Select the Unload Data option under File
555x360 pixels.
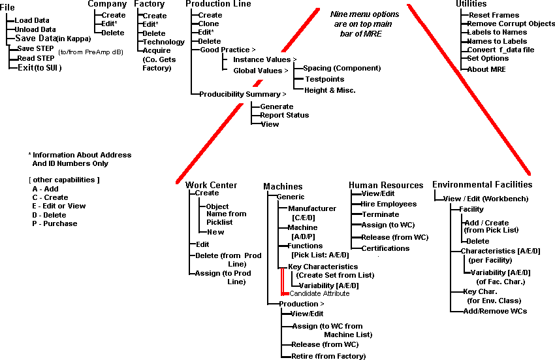click(x=35, y=29)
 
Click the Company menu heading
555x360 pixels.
click(x=106, y=4)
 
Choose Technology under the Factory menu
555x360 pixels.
click(x=163, y=42)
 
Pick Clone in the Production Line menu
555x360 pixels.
click(x=209, y=24)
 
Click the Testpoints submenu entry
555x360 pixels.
click(x=324, y=79)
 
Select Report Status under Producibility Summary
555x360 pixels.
click(x=284, y=115)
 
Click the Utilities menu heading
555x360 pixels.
click(x=471, y=4)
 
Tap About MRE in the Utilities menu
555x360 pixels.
click(x=487, y=69)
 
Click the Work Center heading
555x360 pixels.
click(x=211, y=186)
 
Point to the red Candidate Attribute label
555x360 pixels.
click(x=319, y=293)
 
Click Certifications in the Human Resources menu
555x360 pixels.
click(x=385, y=248)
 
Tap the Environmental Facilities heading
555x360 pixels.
click(x=482, y=185)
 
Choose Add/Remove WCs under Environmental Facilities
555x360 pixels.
click(x=494, y=311)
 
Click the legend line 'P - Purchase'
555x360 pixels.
click(x=55, y=223)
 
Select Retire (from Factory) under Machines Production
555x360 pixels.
click(x=328, y=356)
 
